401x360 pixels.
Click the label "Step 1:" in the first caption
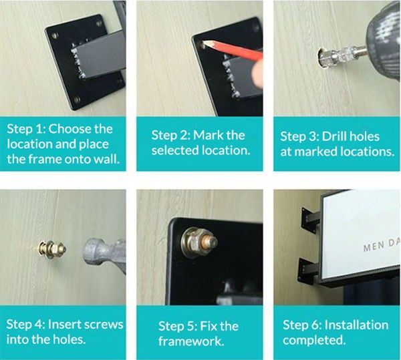pyautogui.click(x=27, y=128)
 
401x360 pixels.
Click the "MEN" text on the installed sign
pyautogui.click(x=372, y=246)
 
